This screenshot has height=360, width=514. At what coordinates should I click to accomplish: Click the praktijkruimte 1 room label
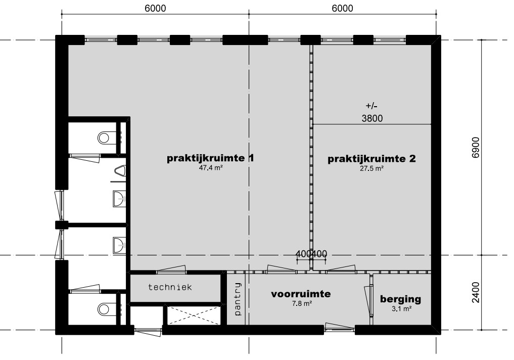(x=210, y=158)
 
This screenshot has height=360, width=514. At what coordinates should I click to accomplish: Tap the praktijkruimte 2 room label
(x=372, y=159)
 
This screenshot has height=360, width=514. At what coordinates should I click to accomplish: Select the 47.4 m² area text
(x=211, y=168)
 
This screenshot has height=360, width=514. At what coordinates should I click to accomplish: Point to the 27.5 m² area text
(x=371, y=168)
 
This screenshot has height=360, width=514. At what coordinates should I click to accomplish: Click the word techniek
(x=170, y=287)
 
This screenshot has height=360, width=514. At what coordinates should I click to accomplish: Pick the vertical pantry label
(x=238, y=299)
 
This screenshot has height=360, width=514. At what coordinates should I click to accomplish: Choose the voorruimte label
(x=301, y=294)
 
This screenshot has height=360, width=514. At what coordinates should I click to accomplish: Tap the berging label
(x=401, y=299)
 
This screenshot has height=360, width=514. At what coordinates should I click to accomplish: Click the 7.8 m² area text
(x=302, y=304)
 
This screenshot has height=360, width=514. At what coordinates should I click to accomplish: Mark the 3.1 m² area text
(x=402, y=309)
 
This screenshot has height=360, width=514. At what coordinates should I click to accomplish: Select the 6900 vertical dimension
(x=476, y=147)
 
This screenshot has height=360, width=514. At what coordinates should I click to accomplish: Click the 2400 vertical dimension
(x=476, y=292)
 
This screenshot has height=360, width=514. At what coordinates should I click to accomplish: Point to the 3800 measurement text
(x=372, y=118)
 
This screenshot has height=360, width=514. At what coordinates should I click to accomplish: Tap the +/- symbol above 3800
(x=372, y=106)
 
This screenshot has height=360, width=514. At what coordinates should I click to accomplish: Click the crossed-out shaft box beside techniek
(x=194, y=316)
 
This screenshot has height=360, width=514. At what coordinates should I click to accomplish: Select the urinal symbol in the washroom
(x=121, y=171)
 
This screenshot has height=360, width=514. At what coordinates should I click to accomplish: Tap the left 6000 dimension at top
(x=155, y=8)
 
